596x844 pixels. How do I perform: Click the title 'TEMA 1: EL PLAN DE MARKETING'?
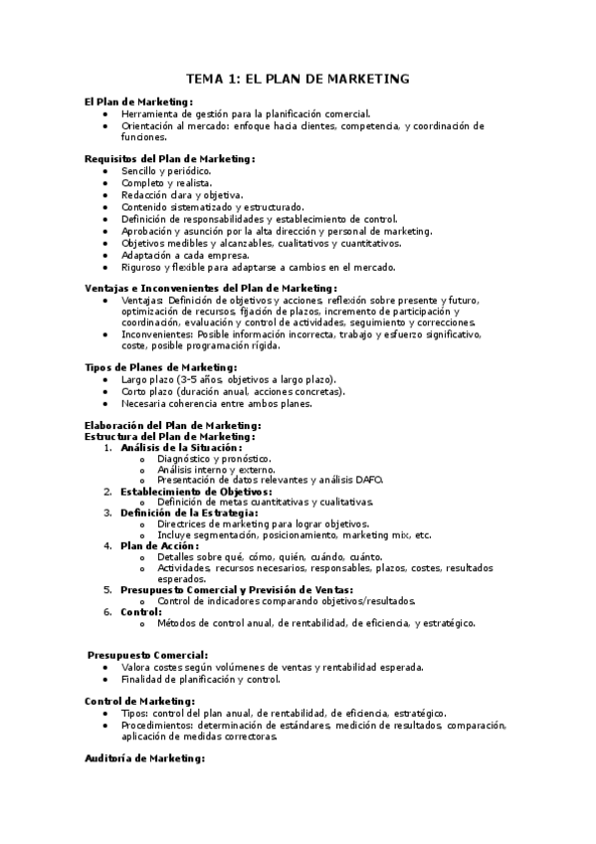(x=298, y=79)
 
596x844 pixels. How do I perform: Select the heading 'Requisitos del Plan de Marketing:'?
(x=170, y=158)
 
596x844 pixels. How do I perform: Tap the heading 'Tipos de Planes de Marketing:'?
(x=160, y=367)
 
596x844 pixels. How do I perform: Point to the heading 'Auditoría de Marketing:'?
(x=144, y=758)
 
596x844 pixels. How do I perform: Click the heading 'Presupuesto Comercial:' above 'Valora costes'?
(x=147, y=654)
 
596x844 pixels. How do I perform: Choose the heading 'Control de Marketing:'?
(x=140, y=701)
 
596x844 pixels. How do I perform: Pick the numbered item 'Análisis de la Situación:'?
(x=181, y=447)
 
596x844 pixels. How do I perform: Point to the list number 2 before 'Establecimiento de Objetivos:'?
(x=107, y=491)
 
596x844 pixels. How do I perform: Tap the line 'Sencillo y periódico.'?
(x=166, y=171)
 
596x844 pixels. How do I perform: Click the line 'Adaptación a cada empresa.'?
(x=185, y=255)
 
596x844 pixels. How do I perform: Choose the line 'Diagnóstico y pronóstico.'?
(x=215, y=458)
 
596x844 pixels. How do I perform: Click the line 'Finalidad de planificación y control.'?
(x=201, y=679)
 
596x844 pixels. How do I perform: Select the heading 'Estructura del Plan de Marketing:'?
(x=170, y=436)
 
